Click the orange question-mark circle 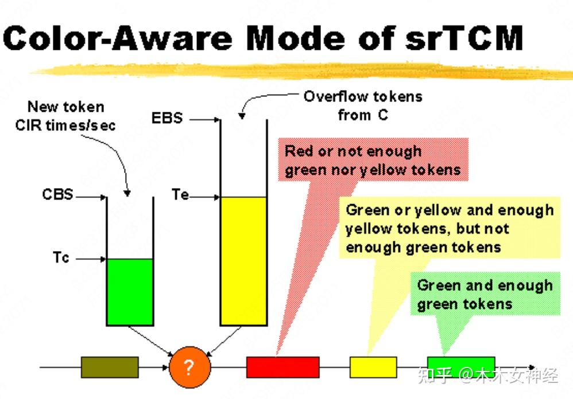(190, 367)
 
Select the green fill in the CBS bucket (130, 292)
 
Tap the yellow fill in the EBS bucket (243, 261)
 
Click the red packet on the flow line (283, 367)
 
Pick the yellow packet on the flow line (373, 367)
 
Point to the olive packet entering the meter (110, 367)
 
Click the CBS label (58, 194)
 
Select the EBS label (167, 118)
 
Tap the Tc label (61, 257)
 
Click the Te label (180, 194)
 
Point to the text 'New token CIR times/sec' (65, 116)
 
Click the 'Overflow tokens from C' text (363, 105)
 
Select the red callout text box (373, 160)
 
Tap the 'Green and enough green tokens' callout (485, 294)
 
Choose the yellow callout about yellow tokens (450, 228)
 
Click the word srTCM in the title (464, 38)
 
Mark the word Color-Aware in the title (118, 38)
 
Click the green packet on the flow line (461, 367)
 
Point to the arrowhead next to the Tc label (103, 259)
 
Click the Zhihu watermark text (488, 375)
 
